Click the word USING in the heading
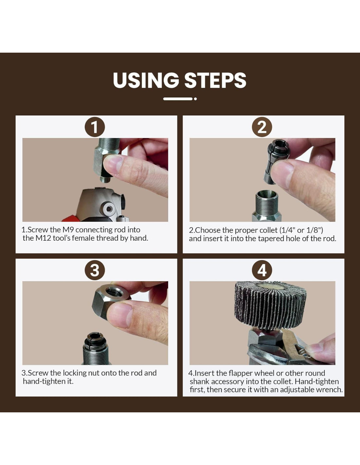click(x=146, y=80)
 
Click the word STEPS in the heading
click(x=215, y=80)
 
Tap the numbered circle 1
click(x=95, y=127)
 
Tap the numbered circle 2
click(x=262, y=127)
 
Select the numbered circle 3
click(x=95, y=270)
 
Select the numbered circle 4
click(x=262, y=270)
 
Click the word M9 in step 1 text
click(x=68, y=230)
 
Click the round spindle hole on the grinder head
click(x=109, y=208)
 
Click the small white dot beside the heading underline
click(x=195, y=99)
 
